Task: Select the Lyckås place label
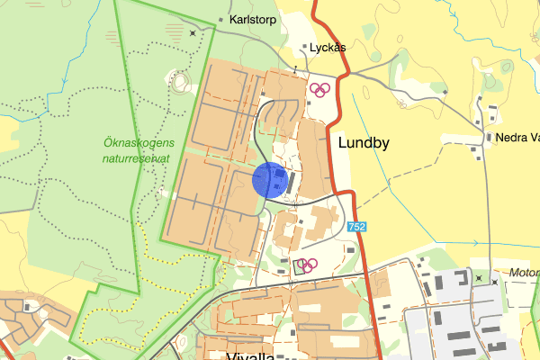(x=328, y=48)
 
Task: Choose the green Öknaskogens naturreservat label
(x=145, y=149)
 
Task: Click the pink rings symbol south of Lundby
(x=308, y=265)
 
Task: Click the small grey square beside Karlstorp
(x=221, y=18)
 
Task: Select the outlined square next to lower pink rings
(x=298, y=266)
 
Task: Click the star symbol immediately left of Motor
(x=495, y=281)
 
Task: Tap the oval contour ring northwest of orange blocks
(x=179, y=83)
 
